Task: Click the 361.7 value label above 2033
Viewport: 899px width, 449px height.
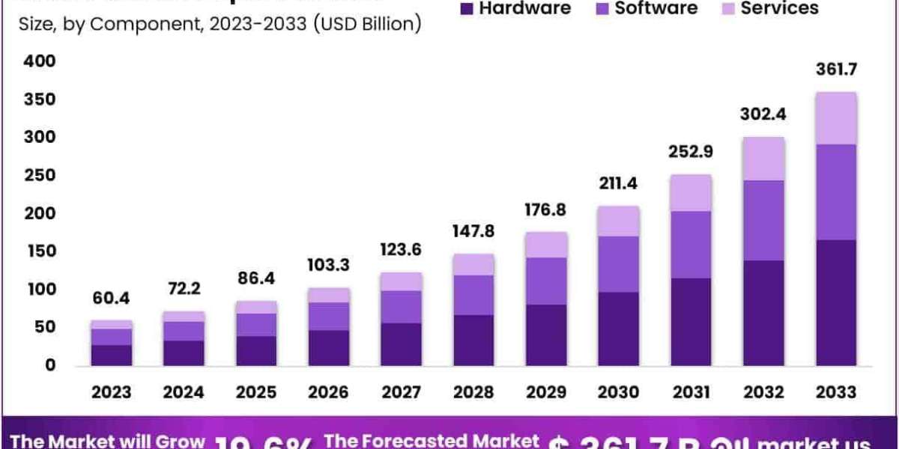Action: coord(837,70)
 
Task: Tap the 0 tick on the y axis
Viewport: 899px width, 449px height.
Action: coord(49,365)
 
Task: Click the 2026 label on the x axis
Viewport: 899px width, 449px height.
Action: coord(329,392)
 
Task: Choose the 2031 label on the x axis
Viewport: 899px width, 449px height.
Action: coord(691,392)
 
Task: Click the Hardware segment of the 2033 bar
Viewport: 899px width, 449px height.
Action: coord(837,302)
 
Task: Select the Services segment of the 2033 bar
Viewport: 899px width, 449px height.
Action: coord(837,118)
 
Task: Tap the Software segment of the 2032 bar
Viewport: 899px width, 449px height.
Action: coord(764,220)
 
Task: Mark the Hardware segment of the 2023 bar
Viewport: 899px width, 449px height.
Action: coord(112,355)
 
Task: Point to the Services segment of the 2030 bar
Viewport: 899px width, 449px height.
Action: coord(619,221)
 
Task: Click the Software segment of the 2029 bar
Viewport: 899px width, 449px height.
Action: coord(546,281)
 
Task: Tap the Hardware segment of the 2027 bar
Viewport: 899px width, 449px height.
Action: coord(402,344)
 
